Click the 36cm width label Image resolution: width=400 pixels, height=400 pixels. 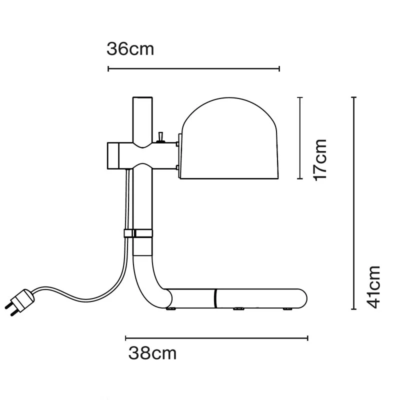(x=130, y=49)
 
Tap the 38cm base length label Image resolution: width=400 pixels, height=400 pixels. (x=152, y=353)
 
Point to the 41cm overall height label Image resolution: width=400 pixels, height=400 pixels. (x=373, y=287)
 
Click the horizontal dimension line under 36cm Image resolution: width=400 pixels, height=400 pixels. (x=193, y=68)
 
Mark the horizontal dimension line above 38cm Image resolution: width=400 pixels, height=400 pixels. (x=216, y=338)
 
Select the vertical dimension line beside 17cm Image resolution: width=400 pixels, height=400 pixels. (x=300, y=137)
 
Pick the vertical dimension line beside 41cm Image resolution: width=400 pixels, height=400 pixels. (x=354, y=203)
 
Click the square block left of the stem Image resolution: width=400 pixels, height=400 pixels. (x=116, y=155)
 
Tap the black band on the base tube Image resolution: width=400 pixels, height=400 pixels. (x=215, y=298)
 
